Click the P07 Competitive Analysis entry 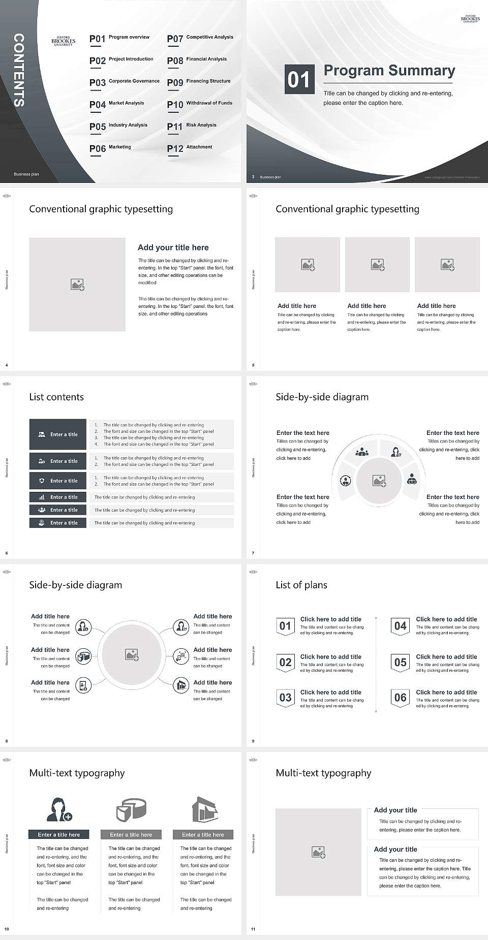pos(200,38)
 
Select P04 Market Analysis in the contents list pos(117,104)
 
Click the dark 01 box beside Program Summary pos(299,79)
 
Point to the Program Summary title pos(389,71)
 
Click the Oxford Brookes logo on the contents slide pos(64,41)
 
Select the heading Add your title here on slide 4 pos(173,247)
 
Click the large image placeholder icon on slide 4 pos(77,285)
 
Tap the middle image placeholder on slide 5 pos(377,265)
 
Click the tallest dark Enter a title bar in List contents pos(58,434)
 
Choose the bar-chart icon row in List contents pos(58,497)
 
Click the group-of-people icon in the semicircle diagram pos(362,451)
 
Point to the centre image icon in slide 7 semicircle pos(379,481)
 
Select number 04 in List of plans pos(401,626)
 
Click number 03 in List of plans pos(285,698)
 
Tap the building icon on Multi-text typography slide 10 pos(205,809)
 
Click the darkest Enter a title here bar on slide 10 pos(58,834)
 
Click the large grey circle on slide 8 pos(132,655)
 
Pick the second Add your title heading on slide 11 pos(395,849)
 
